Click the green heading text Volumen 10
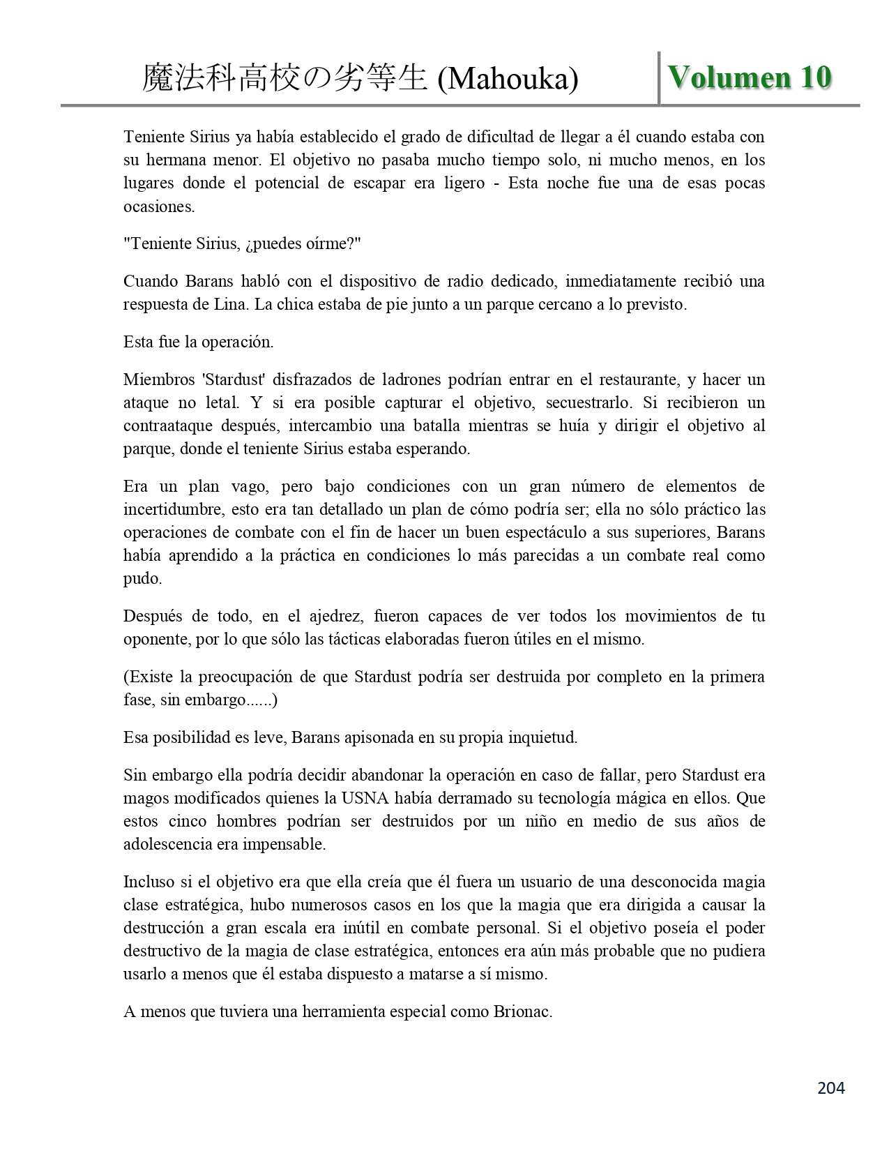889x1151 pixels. tap(750, 77)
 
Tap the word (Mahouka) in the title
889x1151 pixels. tap(508, 79)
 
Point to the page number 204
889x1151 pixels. tap(830, 1088)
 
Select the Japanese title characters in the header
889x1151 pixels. tap(284, 79)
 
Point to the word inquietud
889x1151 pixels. tap(543, 737)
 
